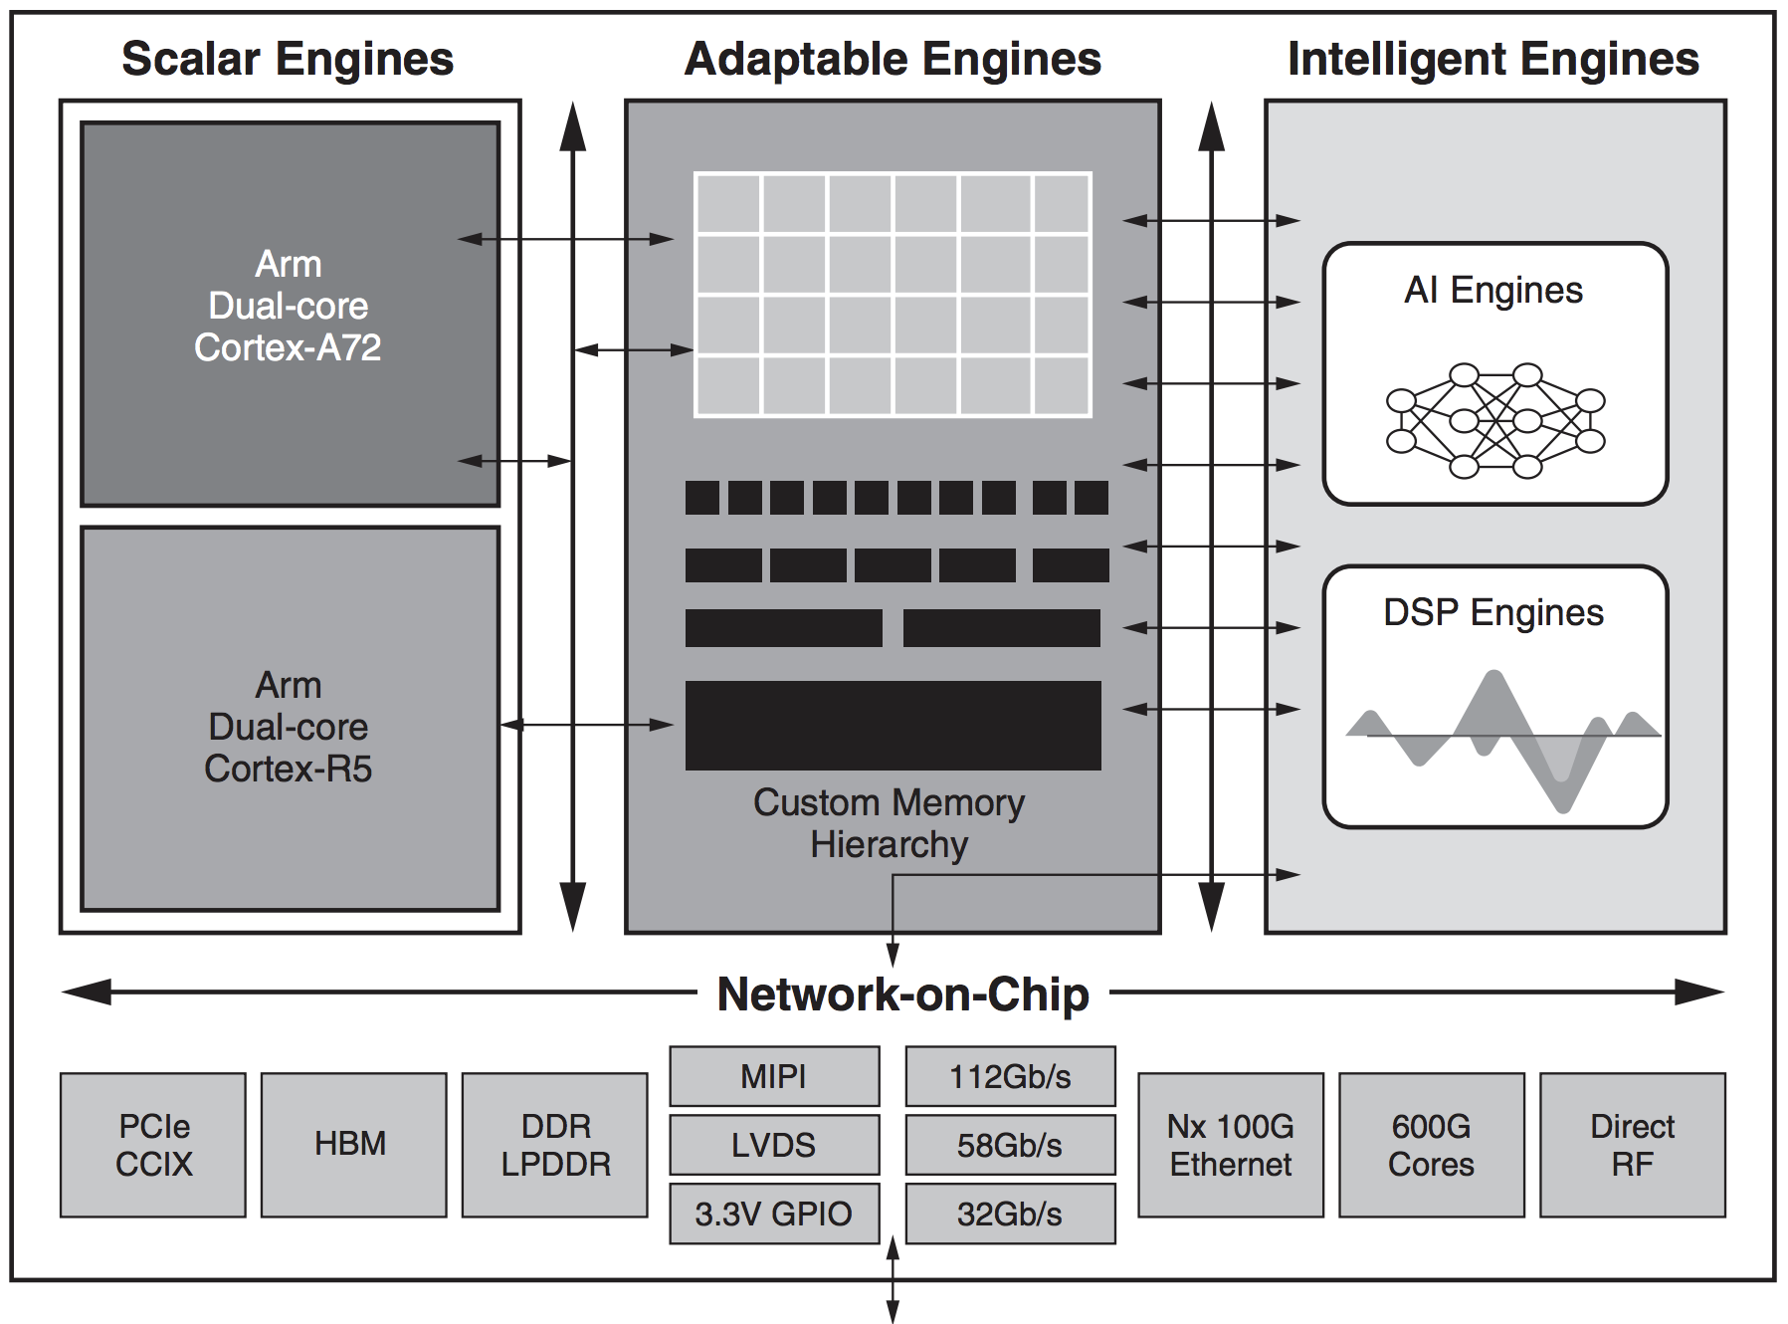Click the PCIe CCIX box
point(153,1145)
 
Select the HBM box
point(353,1145)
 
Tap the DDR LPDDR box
point(555,1145)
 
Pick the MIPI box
point(774,1076)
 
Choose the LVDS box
point(774,1145)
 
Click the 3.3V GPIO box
point(774,1214)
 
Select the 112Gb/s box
point(1010,1076)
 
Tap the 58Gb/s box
point(1010,1145)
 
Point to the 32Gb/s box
point(1010,1214)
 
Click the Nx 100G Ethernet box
point(1231,1145)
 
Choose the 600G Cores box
point(1432,1145)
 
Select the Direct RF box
point(1633,1145)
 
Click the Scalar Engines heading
point(288,60)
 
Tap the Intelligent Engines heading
point(1493,60)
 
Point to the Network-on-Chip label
point(903,994)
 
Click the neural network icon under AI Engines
point(1494,420)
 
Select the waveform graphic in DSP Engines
point(1502,742)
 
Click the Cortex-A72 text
point(288,347)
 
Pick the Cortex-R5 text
point(288,769)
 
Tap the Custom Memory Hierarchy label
point(890,823)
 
